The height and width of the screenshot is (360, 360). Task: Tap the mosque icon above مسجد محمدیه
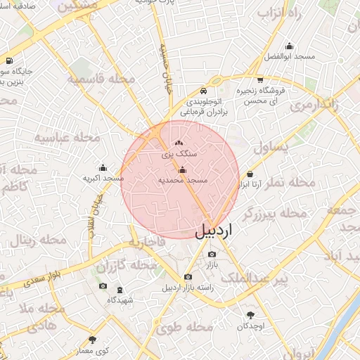click(x=183, y=169)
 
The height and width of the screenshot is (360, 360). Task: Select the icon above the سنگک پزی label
click(x=178, y=143)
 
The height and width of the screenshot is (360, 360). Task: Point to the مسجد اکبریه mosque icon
click(x=103, y=167)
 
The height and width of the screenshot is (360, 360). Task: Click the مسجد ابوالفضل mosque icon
click(x=289, y=45)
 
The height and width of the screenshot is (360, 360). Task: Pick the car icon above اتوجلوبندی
click(x=203, y=91)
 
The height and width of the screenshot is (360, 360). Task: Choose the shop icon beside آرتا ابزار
click(x=250, y=174)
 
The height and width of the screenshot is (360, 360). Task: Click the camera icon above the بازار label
click(x=212, y=254)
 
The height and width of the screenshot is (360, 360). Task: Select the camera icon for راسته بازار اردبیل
click(x=187, y=277)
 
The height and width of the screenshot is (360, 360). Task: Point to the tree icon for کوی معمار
click(x=92, y=340)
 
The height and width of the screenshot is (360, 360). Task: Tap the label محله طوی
click(x=184, y=327)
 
